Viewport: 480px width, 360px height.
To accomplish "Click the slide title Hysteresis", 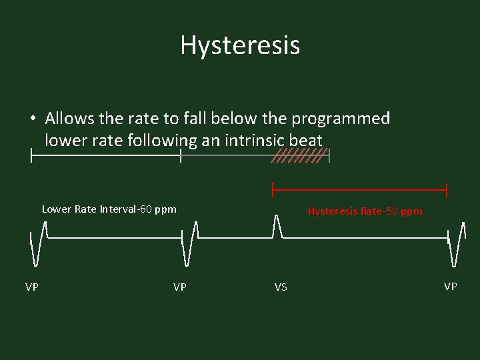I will [x=240, y=45].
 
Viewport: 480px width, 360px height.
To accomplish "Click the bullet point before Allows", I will [x=32, y=119].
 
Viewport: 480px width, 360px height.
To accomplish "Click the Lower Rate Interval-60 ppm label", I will [x=109, y=209].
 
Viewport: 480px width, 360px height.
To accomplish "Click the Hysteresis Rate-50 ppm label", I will [x=365, y=211].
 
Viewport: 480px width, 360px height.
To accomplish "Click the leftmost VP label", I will [x=32, y=287].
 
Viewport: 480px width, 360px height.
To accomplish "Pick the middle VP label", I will [x=180, y=287].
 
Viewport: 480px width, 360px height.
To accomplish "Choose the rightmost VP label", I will [x=451, y=286].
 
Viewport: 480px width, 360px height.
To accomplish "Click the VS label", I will [x=281, y=287].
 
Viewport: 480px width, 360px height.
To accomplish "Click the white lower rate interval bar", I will [x=105, y=156].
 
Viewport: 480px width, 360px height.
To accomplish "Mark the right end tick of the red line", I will [x=446, y=190].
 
